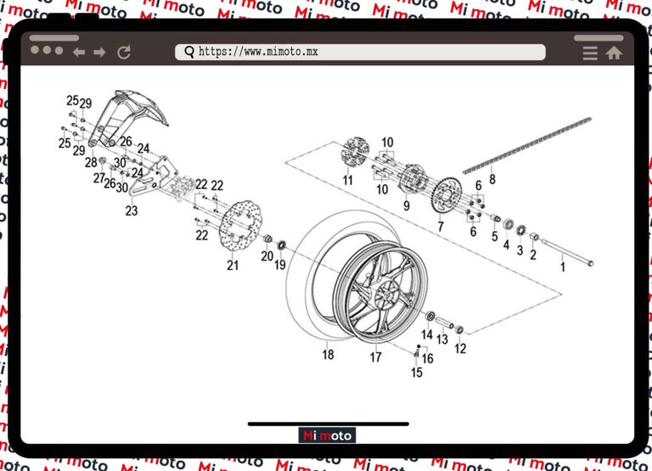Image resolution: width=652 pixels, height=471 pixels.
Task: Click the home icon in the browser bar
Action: pos(614,53)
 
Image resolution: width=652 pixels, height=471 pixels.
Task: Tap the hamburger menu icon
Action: pos(590,53)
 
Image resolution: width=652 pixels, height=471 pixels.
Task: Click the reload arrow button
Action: pos(124,53)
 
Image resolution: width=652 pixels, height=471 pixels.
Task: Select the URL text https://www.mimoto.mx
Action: pos(258,52)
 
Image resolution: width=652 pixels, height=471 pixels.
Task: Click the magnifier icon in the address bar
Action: pos(188,52)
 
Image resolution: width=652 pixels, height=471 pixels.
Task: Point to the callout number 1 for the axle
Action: pos(561,267)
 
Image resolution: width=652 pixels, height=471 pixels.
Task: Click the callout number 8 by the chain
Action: pos(492,180)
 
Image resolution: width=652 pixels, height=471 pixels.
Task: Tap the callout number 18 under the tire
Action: pos(328,355)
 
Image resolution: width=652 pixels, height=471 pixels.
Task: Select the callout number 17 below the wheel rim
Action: pos(375,357)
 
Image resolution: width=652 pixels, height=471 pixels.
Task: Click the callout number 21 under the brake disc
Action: pos(233,266)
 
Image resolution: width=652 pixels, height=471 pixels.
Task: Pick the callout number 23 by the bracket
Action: pos(132,210)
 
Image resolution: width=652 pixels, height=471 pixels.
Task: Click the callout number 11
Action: pos(348,180)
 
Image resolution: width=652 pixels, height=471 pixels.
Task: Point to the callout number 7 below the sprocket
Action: pos(440,227)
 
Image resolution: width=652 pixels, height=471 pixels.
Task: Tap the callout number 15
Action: pos(417,372)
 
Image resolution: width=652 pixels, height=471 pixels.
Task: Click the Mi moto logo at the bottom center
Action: pos(328,435)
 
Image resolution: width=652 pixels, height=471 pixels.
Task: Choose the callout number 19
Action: pos(279,266)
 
